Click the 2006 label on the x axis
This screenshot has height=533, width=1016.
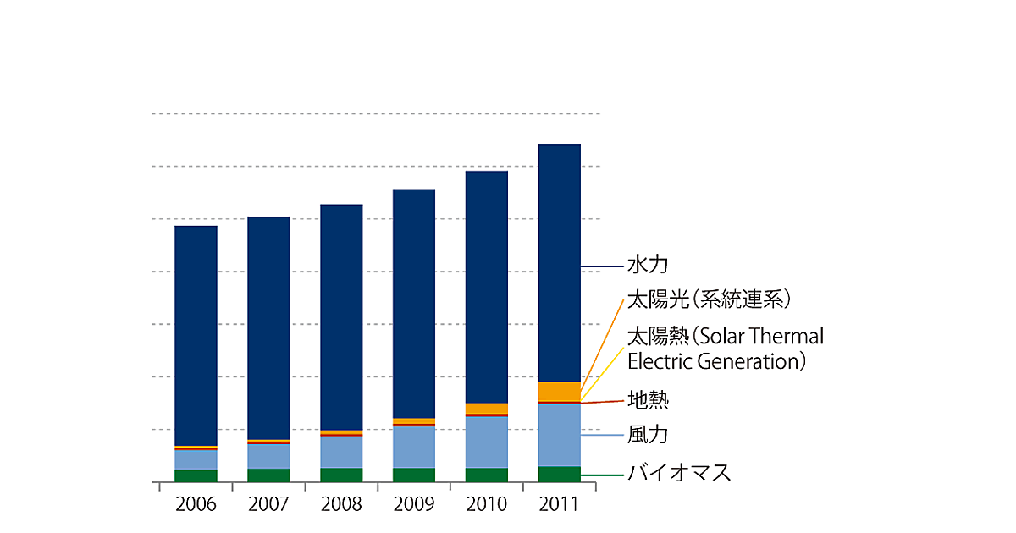[x=196, y=504]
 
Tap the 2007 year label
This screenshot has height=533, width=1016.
[x=268, y=504]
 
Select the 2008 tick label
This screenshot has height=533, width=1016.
[x=341, y=504]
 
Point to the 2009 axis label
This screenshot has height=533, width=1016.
[x=414, y=504]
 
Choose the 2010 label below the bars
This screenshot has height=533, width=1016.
[x=487, y=504]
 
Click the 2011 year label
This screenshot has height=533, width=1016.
[x=560, y=504]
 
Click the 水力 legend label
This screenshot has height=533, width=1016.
[x=648, y=265]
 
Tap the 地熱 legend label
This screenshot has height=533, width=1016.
[x=648, y=399]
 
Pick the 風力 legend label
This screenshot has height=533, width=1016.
[x=648, y=435]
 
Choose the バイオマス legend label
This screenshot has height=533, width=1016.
[x=678, y=473]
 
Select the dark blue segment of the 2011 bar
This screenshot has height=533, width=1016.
[x=560, y=262]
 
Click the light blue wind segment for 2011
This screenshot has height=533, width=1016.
[x=560, y=435]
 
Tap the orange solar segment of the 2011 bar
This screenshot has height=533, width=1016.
[x=560, y=392]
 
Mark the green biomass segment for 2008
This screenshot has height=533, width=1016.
[x=341, y=475]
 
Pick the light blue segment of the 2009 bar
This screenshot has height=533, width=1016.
[x=414, y=447]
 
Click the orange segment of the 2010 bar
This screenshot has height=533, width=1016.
[x=487, y=409]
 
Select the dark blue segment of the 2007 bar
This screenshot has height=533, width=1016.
[x=268, y=328]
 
